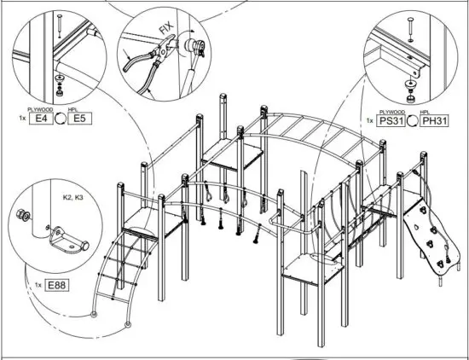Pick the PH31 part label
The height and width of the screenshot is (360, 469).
435,120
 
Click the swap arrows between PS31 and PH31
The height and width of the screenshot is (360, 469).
413,120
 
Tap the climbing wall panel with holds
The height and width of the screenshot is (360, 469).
426,229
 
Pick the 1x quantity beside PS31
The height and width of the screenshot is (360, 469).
369,120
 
